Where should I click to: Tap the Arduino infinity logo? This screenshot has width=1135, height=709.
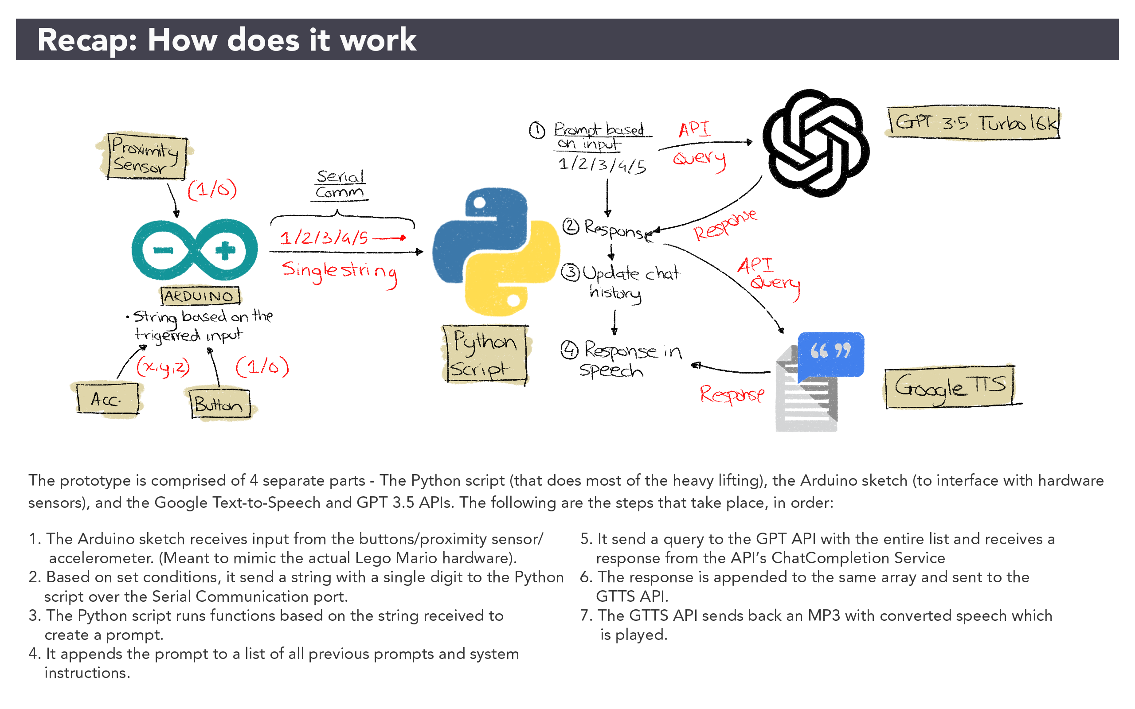pos(194,250)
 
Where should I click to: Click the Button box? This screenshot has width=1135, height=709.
pos(220,404)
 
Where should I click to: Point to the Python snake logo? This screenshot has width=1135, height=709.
pos(495,252)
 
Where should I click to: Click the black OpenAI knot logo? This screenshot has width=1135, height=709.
pos(815,143)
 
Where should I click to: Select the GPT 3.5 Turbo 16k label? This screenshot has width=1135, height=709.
pos(974,123)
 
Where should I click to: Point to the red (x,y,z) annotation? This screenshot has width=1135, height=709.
pos(163,367)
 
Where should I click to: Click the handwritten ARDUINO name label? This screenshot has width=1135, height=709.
pos(200,296)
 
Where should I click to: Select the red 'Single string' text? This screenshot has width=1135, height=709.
pos(339,272)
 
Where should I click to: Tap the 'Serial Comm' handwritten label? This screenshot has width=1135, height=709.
pos(340,185)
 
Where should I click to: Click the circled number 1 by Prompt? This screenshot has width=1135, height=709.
pos(537,130)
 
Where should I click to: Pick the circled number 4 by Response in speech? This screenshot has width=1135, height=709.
pos(569,350)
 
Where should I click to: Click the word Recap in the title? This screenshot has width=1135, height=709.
pos(86,40)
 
